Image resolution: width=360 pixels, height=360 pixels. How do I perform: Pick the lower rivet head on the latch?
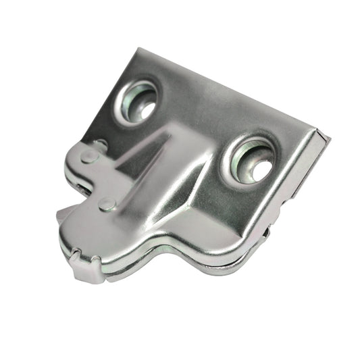click(107, 204)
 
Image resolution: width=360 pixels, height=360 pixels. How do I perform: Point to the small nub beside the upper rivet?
click(101, 144)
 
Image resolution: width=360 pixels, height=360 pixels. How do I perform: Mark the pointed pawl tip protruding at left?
click(61, 214)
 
